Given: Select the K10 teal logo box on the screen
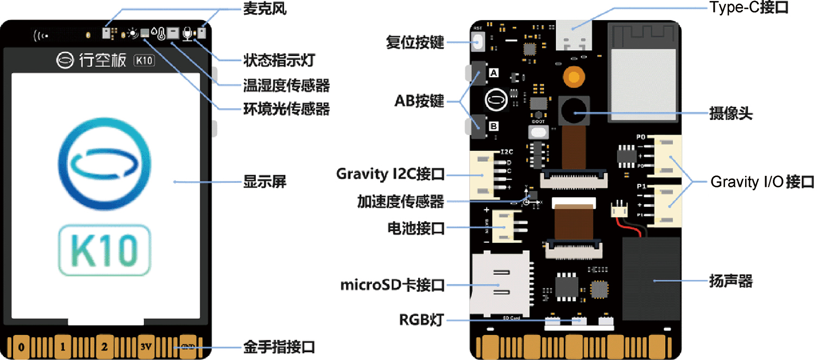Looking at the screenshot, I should tap(104, 249).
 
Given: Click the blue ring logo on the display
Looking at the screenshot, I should tap(104, 163).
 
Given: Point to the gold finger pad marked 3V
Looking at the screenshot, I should tap(146, 346).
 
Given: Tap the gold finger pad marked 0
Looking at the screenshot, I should tap(21, 346).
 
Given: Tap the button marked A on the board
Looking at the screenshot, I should tap(478, 73).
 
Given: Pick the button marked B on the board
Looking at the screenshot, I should tap(478, 126).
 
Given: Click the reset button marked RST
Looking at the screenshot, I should tap(478, 41).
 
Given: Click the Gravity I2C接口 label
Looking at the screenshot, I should tap(390, 174).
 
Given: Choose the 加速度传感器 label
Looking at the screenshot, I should tap(400, 202).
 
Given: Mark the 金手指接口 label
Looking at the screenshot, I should tap(279, 346).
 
